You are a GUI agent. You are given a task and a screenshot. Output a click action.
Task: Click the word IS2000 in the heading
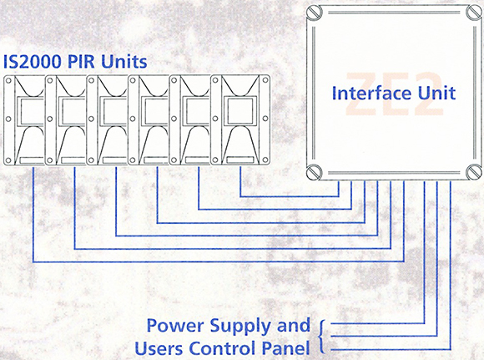tap(32, 62)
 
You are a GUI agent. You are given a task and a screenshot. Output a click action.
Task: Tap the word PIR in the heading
tap(81, 62)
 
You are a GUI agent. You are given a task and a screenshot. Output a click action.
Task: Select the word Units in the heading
tap(124, 62)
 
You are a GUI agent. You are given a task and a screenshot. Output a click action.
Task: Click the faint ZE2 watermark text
tap(395, 94)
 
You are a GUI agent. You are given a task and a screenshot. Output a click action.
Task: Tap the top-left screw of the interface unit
tap(315, 13)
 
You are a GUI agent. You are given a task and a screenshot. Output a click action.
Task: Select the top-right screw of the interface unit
tap(473, 13)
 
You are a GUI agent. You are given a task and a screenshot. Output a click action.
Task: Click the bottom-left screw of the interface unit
tap(315, 172)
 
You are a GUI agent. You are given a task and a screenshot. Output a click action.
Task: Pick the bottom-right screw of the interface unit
tap(473, 172)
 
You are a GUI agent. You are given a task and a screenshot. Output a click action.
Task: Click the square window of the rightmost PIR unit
tap(240, 111)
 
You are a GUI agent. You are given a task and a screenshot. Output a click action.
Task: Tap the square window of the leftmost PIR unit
tap(30, 111)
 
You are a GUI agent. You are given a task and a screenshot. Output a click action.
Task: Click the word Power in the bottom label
tap(175, 326)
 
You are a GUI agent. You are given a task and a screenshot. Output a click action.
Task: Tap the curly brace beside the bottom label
tap(321, 337)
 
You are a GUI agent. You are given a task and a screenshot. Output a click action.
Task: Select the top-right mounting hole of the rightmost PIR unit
tap(265, 80)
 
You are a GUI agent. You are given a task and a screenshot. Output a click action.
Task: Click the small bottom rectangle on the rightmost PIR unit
tap(240, 160)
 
